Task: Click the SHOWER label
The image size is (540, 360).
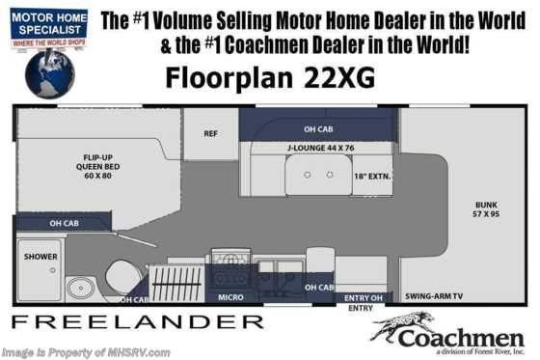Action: click(x=41, y=258)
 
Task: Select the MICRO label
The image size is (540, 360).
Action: click(x=230, y=297)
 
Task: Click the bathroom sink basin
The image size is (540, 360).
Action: click(x=80, y=287)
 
